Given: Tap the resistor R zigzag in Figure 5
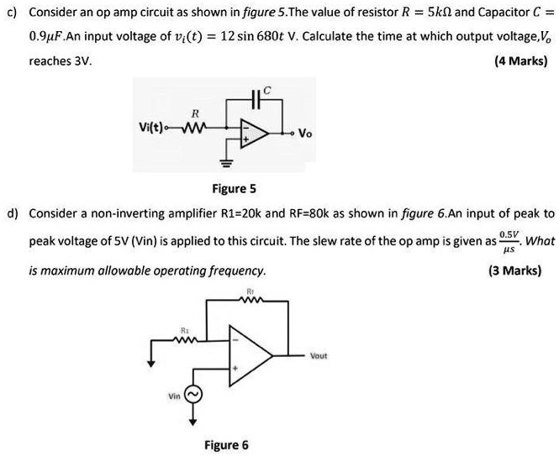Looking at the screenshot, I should pyautogui.click(x=195, y=129).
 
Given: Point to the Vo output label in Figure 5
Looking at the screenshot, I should pyautogui.click(x=307, y=134).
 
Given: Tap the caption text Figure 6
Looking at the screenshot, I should pyautogui.click(x=226, y=444).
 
